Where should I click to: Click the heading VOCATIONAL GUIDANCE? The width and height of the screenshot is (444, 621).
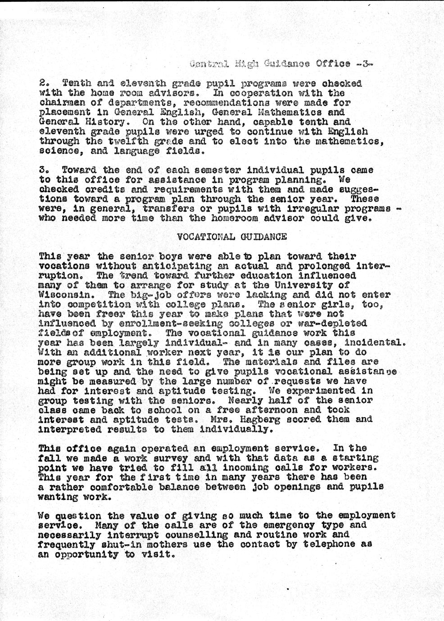click(231, 237)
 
